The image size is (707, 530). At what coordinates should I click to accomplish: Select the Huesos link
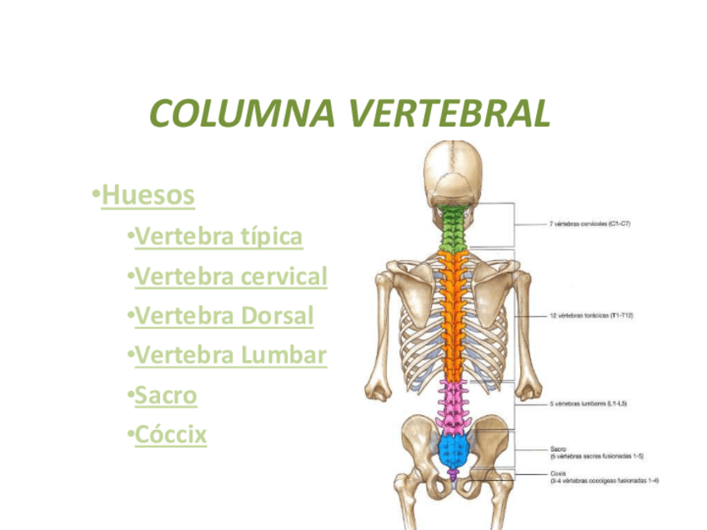tap(148, 195)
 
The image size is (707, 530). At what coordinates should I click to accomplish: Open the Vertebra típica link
tap(218, 236)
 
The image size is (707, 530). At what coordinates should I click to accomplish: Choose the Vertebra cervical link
tap(230, 276)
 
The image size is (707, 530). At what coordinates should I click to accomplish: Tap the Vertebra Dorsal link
tap(223, 316)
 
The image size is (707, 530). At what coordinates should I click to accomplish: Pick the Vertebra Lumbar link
tap(230, 356)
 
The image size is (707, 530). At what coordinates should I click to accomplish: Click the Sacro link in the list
tap(165, 395)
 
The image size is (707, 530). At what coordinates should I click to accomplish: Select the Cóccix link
tap(170, 434)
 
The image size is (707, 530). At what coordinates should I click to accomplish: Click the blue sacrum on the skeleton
tap(454, 451)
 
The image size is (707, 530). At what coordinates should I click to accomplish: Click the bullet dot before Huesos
tap(97, 195)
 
